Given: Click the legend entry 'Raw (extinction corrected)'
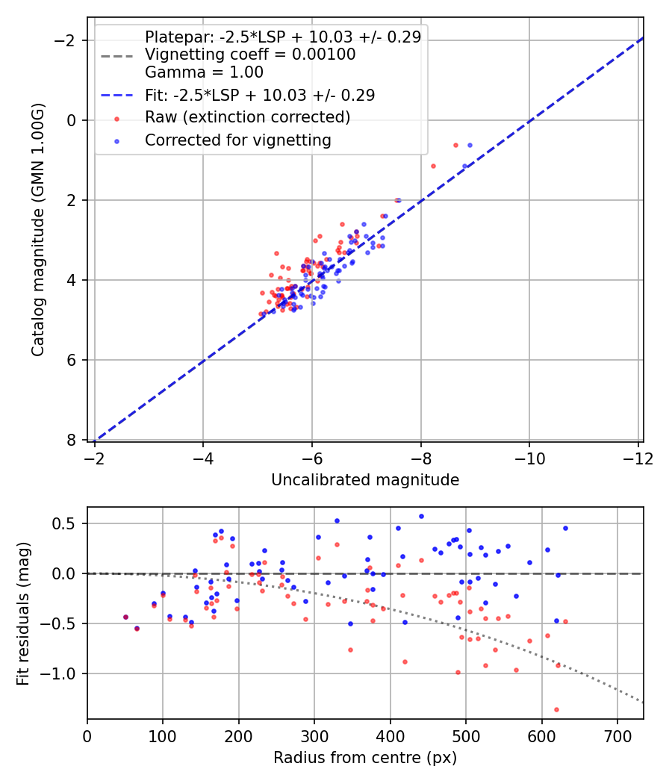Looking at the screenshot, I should pos(247,117).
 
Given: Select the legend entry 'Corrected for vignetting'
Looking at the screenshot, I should pos(238,140).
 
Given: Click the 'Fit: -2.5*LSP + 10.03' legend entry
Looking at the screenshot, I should pos(260,95).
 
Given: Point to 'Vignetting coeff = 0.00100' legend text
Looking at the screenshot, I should pos(250,55).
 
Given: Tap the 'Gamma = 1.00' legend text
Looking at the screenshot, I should pos(204,72).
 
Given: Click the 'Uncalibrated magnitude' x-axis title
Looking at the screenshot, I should pos(365,480).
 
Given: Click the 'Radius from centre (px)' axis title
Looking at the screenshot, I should pos(365,758).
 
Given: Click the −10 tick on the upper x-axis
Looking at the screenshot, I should pos(529,457).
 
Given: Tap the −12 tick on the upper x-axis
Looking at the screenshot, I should pos(638,457).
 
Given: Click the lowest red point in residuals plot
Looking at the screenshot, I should pos(556,709).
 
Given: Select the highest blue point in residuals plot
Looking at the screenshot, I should pos(421,516).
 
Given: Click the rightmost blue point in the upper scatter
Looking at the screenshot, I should pos(470,145).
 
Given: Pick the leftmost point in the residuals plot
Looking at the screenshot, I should pos(125,617).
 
